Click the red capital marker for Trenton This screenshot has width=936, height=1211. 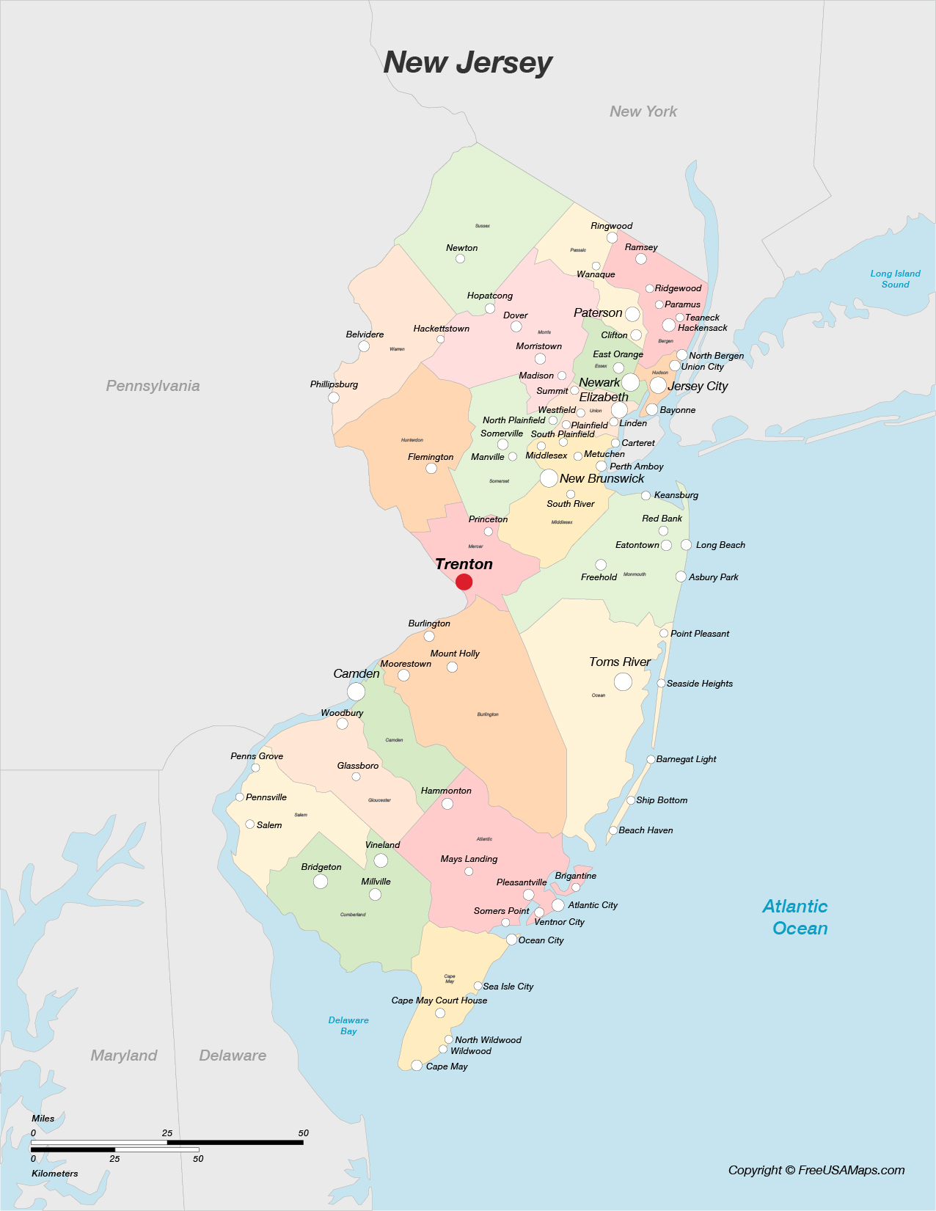pos(464,582)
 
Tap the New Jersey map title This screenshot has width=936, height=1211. pos(468,63)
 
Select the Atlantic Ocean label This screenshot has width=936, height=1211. pos(796,918)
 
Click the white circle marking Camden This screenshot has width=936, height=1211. pos(356,691)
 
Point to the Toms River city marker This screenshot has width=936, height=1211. pos(623,681)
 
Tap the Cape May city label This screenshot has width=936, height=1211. pos(447,1067)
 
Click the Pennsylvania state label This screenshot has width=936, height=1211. pos(153,386)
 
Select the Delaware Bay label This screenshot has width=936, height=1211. pos(348,1025)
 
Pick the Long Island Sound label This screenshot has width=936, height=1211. pos(895,279)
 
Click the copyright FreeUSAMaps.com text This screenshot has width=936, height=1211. pos(816,1170)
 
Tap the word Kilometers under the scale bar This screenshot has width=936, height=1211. pos(54,1174)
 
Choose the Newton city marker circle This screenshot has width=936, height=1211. pos(460,259)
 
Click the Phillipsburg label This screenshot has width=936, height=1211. pos(334,384)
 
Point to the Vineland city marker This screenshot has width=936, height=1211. pos(381,860)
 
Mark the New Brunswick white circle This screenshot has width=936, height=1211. pos(549,478)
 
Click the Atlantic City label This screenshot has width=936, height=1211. pos(593,905)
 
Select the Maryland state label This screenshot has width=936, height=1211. pos(124,1055)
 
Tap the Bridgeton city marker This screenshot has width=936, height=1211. pos(321,881)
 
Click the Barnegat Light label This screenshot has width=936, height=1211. pos(686,759)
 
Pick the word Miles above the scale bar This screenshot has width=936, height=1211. pos(43,1119)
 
